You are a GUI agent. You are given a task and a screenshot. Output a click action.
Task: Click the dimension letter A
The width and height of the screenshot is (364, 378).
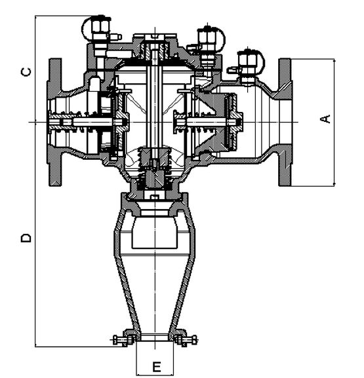click(326, 119)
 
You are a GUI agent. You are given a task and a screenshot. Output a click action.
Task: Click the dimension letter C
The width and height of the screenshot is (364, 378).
click(26, 72)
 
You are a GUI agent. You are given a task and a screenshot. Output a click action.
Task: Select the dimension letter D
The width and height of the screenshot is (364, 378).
click(26, 238)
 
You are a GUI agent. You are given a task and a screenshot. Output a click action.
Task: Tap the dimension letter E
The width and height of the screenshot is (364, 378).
click(157, 367)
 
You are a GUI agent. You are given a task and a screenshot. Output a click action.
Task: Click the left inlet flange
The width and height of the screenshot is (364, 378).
click(55, 122)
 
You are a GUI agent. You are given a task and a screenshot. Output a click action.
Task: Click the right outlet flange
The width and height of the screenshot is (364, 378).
click(285, 122)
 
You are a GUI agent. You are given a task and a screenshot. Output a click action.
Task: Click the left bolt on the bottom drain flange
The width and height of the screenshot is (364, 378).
click(124, 340)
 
